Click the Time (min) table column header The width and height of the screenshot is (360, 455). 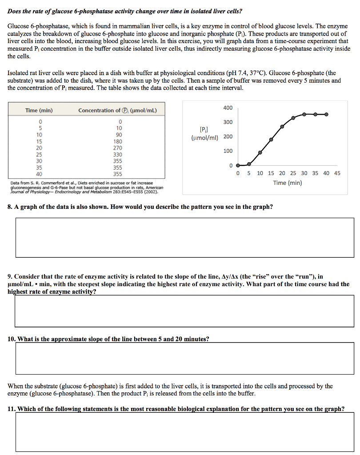[39, 110]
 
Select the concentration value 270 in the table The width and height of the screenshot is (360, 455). [118, 148]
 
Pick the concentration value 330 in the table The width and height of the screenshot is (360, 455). [118, 155]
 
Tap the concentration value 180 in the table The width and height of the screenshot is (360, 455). [118, 141]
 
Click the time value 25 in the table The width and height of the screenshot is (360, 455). [40, 155]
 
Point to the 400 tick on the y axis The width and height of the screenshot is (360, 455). [228, 108]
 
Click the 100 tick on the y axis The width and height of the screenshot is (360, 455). [228, 151]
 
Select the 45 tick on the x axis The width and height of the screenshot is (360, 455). [337, 173]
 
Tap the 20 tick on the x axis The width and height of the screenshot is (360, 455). [282, 173]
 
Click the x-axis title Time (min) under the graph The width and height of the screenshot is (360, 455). [287, 183]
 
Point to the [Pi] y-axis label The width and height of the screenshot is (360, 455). [203, 130]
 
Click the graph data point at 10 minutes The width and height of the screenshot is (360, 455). [260, 152]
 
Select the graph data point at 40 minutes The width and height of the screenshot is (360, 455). [327, 114]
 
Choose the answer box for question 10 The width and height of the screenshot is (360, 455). [180, 358]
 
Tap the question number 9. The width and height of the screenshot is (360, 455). [10, 276]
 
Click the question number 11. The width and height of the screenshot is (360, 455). [12, 409]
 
